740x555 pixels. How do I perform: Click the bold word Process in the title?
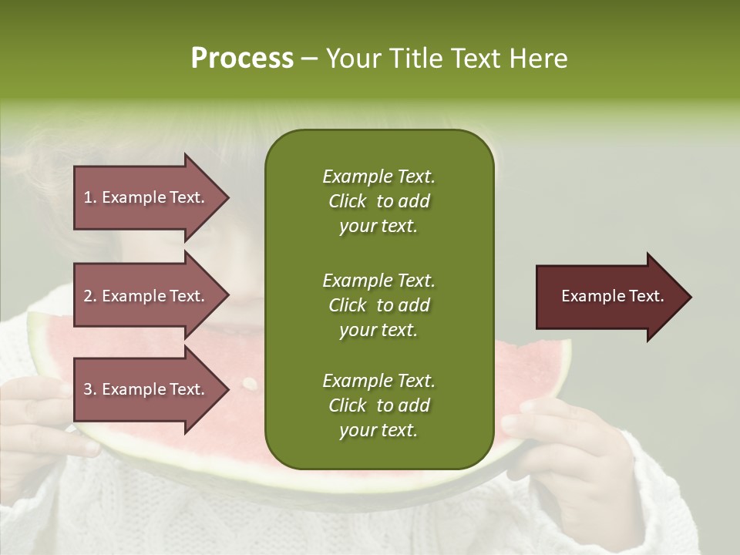click(242, 58)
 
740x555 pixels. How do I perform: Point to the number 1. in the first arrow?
click(90, 198)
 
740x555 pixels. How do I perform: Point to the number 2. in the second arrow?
click(90, 297)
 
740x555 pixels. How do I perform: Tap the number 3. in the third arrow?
click(90, 390)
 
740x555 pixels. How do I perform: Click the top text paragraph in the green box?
click(378, 201)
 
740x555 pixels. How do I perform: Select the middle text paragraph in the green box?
click(378, 304)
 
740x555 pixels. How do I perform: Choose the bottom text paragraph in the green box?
click(378, 405)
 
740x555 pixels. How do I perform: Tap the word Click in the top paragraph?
click(347, 201)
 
